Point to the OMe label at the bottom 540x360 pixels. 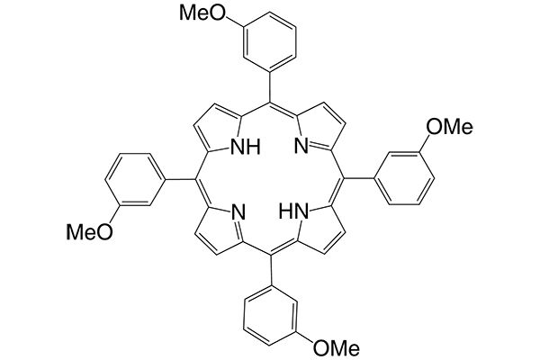[337, 346]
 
